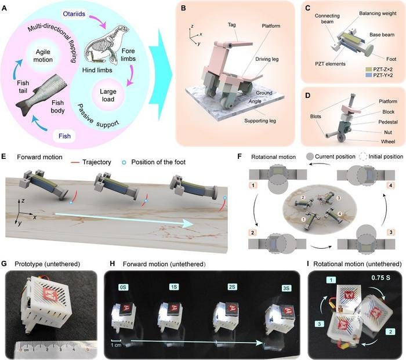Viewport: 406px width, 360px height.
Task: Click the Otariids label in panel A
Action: tap(74, 14)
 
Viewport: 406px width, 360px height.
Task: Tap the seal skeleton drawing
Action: tap(107, 46)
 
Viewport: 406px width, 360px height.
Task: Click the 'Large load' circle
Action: tap(108, 95)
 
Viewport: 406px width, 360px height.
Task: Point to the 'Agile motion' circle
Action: tap(43, 56)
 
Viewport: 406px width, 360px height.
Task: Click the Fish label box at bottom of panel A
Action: tap(64, 136)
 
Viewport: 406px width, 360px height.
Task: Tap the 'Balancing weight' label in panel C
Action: tap(378, 13)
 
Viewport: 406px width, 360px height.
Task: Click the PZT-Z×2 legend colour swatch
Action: tap(368, 70)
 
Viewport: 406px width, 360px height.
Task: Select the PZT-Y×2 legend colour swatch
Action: tap(368, 75)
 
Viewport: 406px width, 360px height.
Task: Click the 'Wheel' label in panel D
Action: tap(388, 141)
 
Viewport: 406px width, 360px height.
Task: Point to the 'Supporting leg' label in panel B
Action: tap(260, 121)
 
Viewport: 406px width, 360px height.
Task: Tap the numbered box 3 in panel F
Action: tap(391, 232)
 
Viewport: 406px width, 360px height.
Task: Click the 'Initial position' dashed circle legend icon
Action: tap(363, 157)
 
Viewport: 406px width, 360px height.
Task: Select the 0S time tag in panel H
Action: tap(122, 287)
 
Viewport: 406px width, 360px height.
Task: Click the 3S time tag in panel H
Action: tap(286, 288)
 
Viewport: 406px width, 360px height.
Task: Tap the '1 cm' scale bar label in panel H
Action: tap(116, 345)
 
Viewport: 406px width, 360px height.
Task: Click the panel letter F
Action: tap(240, 157)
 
